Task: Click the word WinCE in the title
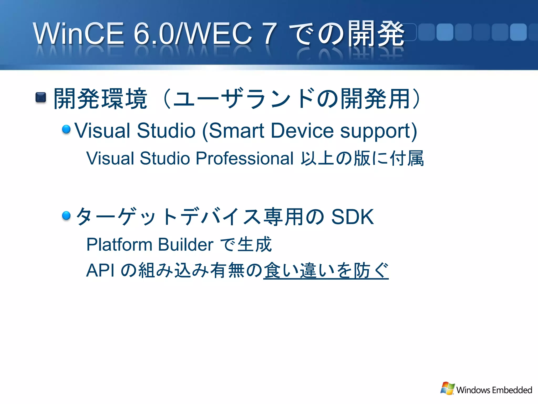78,33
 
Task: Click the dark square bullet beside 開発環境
41,98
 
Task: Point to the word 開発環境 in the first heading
100,99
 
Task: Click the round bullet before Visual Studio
66,129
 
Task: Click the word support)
379,131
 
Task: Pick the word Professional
244,158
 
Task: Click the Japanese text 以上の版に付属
362,158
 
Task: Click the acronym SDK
352,217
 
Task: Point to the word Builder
185,245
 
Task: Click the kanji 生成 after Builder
254,245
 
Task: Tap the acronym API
100,270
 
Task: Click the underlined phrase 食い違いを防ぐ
326,270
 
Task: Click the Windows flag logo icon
447,388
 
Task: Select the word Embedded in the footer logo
512,390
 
